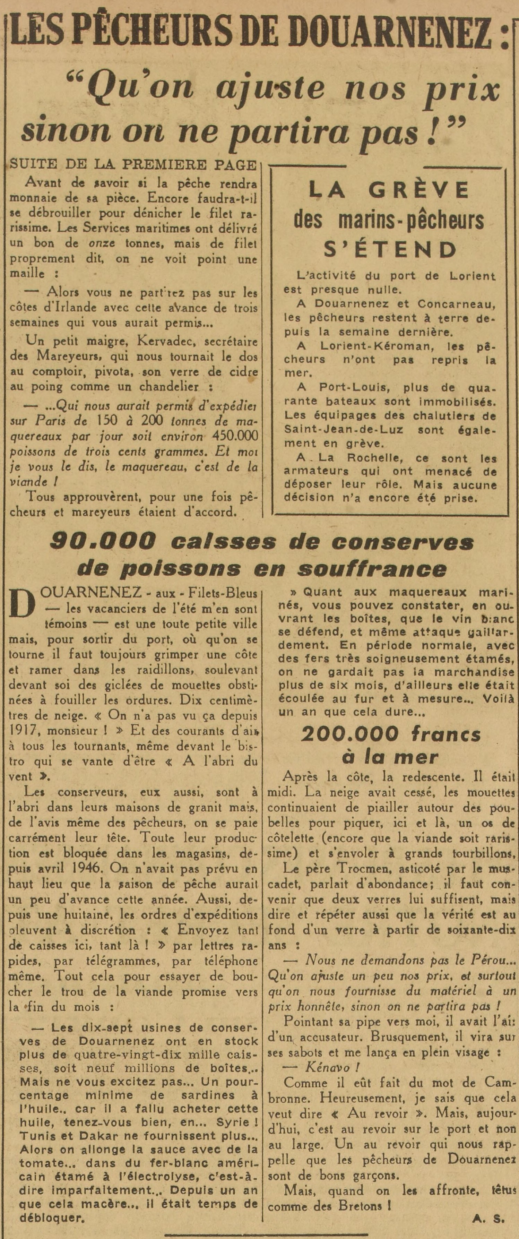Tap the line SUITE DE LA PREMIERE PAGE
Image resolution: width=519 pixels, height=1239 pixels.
pyautogui.click(x=133, y=165)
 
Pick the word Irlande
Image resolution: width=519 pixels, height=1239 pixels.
pyautogui.click(x=86, y=308)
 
